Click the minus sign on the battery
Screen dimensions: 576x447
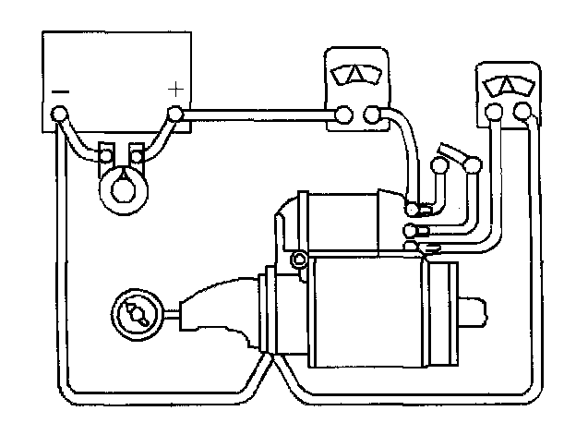(x=60, y=91)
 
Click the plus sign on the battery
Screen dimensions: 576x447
(x=175, y=89)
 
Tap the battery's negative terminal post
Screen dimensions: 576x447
(x=60, y=115)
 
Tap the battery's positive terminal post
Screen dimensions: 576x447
(x=175, y=115)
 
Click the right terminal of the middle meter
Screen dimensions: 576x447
(x=372, y=115)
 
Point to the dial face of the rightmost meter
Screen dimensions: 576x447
(x=508, y=86)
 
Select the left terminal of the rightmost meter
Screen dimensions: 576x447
(x=495, y=113)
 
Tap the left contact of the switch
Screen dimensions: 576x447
(x=438, y=166)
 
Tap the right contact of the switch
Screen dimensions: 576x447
(x=474, y=166)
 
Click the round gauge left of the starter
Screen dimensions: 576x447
(x=135, y=314)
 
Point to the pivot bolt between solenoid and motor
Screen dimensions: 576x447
(x=298, y=258)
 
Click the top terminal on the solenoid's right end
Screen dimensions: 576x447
(x=416, y=211)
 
